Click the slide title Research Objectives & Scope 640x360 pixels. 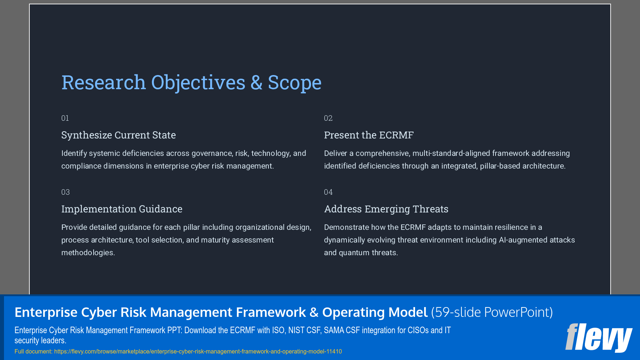191,83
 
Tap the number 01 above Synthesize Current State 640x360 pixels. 65,118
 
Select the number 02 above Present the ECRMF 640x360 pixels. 328,118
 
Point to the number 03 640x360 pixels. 65,192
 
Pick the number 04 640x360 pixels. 328,192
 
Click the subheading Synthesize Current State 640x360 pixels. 118,135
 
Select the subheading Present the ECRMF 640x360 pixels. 369,135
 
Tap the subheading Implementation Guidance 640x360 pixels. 122,209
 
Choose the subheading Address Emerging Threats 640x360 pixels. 386,209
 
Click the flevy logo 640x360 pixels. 598,338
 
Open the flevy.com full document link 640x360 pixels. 198,351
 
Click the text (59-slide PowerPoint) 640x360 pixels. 492,312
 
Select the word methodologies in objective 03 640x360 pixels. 88,253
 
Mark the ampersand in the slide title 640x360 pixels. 256,83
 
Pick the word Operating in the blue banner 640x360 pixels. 350,312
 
